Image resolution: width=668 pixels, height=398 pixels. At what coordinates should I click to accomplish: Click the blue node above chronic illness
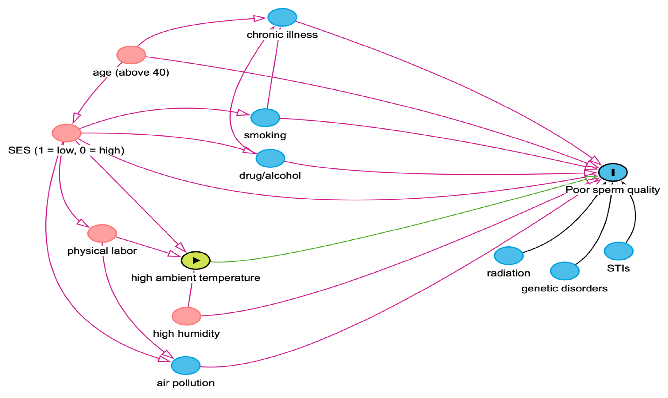(282, 17)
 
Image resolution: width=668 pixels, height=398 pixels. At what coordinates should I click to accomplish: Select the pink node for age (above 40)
(131, 55)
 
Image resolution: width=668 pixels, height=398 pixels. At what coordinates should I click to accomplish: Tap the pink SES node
(67, 133)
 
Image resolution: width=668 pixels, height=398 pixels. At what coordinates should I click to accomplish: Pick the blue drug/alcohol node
(270, 158)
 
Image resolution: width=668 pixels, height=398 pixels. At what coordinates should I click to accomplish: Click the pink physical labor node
(102, 233)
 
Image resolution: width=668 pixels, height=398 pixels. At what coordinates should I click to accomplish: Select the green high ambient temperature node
(196, 260)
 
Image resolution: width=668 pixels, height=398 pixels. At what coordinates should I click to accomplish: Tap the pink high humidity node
(186, 316)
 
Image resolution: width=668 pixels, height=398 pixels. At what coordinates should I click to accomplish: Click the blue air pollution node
(186, 366)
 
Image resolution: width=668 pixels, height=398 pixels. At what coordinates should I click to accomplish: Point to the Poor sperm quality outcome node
(613, 172)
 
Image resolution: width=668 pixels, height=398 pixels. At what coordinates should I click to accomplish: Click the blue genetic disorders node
(564, 271)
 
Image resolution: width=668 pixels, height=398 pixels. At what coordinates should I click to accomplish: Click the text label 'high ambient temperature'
(196, 278)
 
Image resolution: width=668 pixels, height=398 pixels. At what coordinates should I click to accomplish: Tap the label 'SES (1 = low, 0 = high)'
(66, 150)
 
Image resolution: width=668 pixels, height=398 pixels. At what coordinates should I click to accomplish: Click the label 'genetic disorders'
(564, 289)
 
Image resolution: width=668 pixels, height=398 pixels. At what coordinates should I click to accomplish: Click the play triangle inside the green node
(196, 260)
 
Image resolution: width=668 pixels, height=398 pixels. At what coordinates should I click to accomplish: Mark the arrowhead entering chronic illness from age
(259, 18)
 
